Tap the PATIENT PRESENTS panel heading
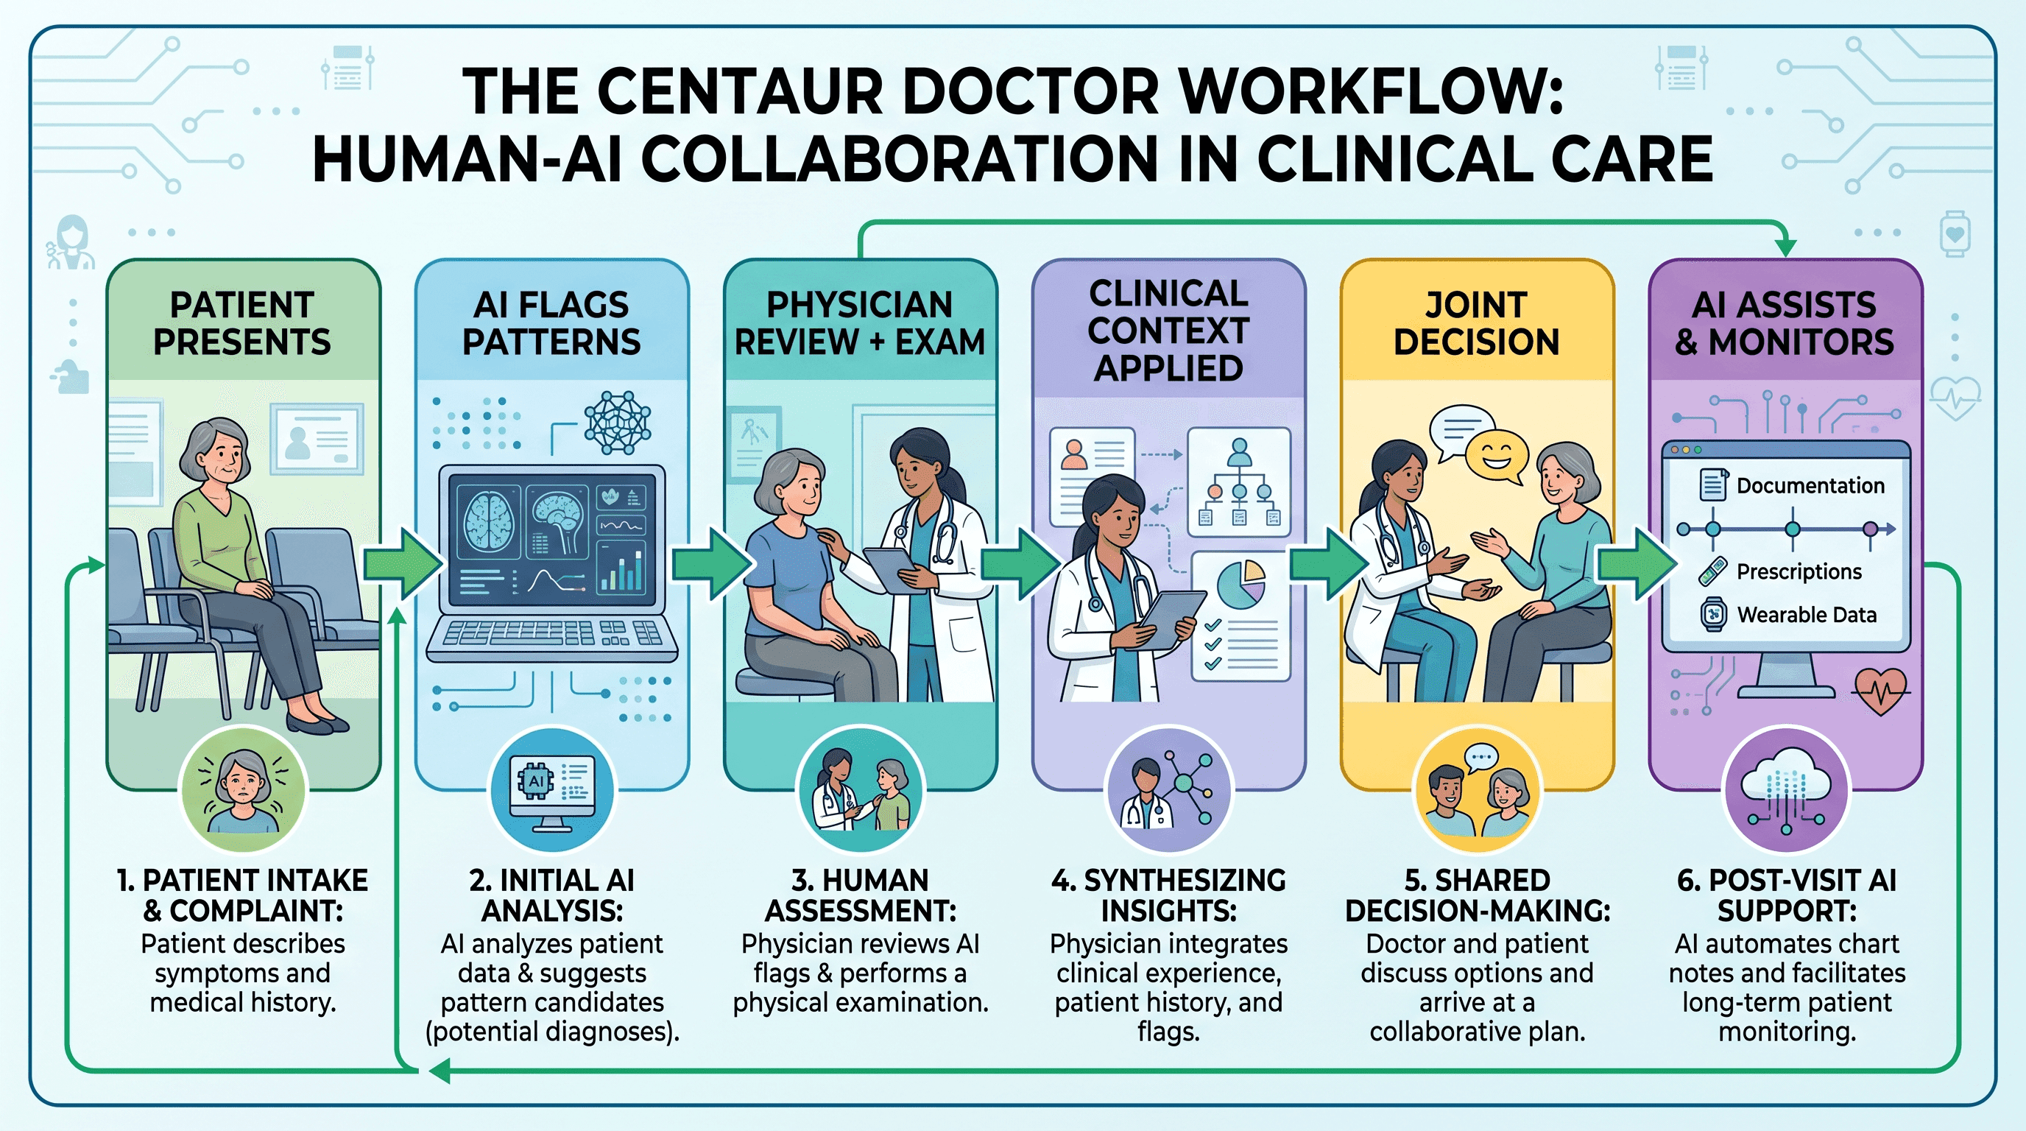click(x=242, y=323)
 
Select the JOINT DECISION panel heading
click(x=1476, y=323)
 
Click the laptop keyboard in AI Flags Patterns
click(x=551, y=633)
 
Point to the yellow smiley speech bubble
click(x=1495, y=458)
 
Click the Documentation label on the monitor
click(x=1810, y=485)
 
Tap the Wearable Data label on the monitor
click(x=1807, y=614)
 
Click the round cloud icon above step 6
click(x=1786, y=789)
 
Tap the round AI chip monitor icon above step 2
click(x=552, y=789)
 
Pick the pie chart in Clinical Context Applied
click(x=1240, y=585)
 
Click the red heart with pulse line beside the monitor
click(x=1880, y=691)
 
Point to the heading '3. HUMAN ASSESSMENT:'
click(x=861, y=895)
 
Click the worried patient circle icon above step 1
click(x=243, y=789)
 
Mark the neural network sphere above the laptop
click(x=618, y=423)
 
